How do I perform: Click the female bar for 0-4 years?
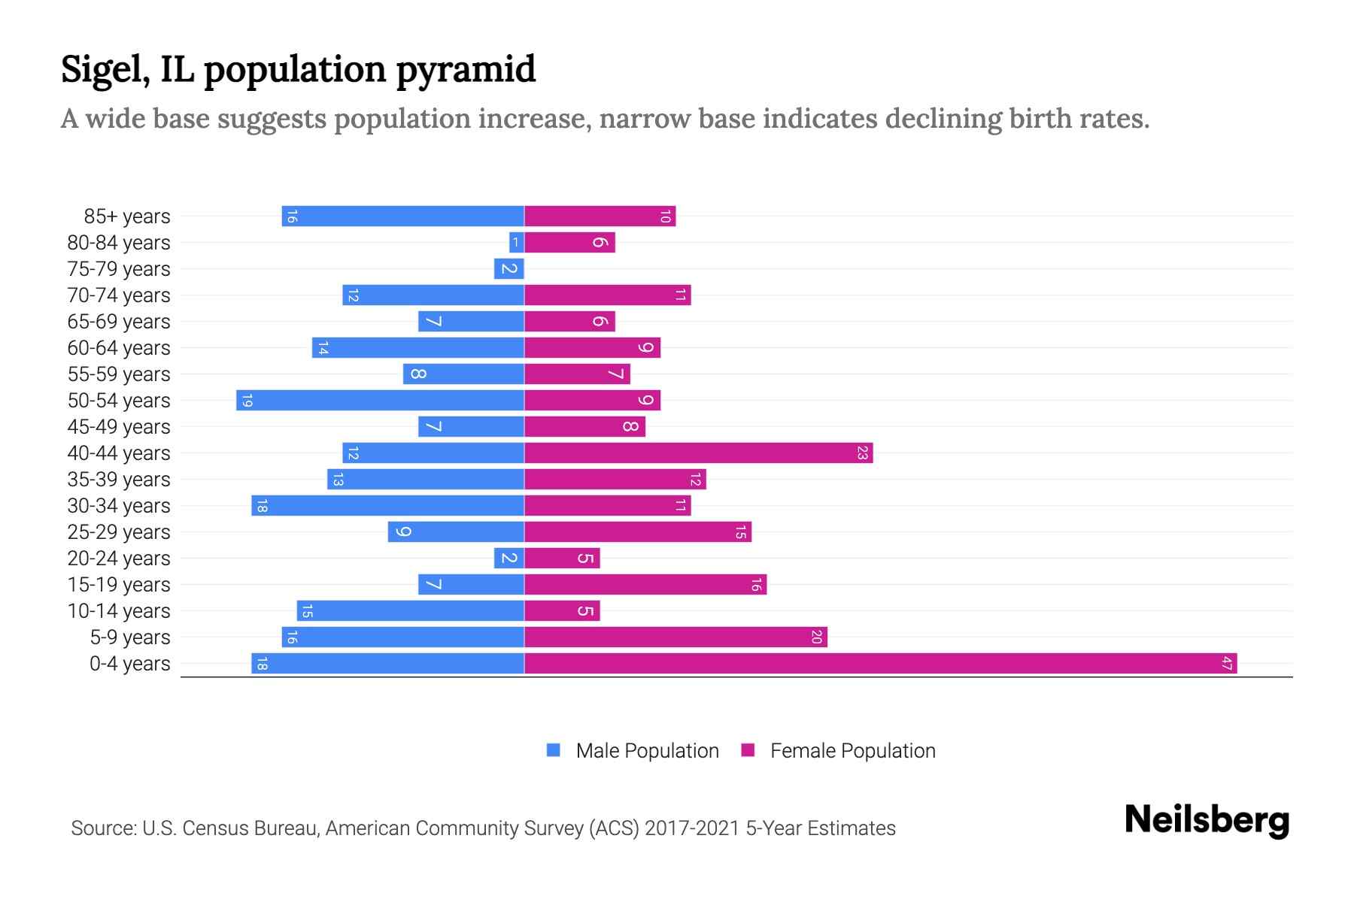tap(880, 664)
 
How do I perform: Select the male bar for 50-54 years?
tap(380, 401)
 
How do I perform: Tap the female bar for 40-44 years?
tap(698, 453)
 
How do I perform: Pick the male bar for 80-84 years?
tap(516, 243)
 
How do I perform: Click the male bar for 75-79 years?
tap(509, 269)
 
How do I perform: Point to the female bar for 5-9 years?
tap(675, 637)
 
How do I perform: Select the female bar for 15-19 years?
tap(645, 585)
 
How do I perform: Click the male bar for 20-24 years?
tap(509, 558)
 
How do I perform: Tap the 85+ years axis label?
tap(127, 216)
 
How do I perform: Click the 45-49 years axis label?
tap(119, 427)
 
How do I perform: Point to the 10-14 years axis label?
tap(119, 611)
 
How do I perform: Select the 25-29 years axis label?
tap(119, 532)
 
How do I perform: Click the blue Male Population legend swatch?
tap(554, 750)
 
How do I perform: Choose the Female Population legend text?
tap(852, 751)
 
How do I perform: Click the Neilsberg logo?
tap(1207, 820)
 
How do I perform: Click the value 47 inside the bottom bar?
tap(1226, 664)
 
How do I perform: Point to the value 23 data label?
tap(862, 453)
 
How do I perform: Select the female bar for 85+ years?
tap(600, 216)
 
